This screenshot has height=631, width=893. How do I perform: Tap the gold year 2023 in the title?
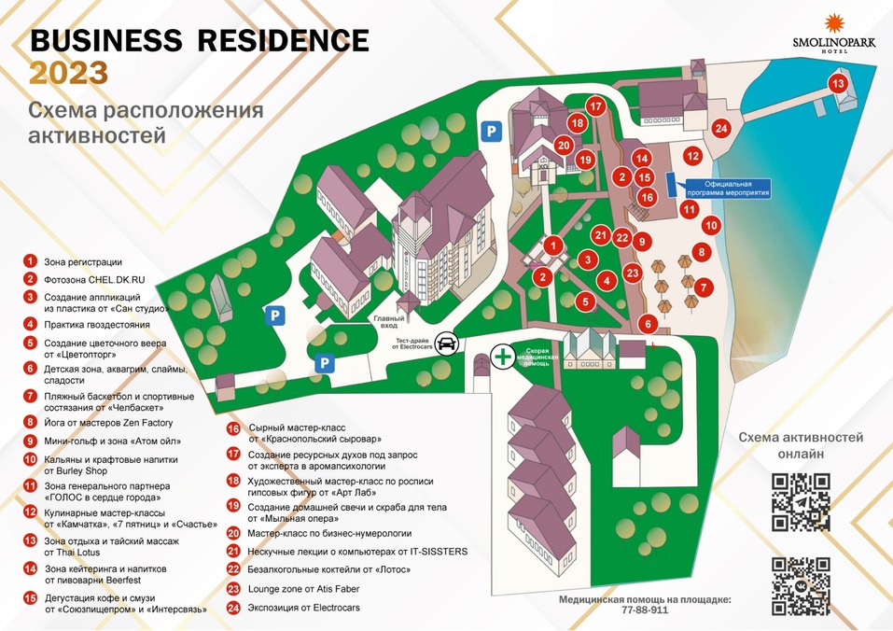tap(68, 73)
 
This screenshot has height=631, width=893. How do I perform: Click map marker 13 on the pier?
tap(838, 84)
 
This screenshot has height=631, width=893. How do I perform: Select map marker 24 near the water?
tap(720, 128)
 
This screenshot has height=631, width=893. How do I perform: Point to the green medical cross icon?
tap(503, 356)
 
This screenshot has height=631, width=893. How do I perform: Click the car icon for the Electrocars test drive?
tap(448, 344)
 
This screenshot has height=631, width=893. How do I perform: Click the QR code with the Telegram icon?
tap(801, 502)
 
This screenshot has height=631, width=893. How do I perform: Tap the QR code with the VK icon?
tap(801, 584)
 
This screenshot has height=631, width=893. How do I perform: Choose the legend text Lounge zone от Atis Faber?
tap(303, 589)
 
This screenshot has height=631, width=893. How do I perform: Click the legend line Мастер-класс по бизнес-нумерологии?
tap(329, 533)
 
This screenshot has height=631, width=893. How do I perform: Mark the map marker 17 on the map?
tap(596, 105)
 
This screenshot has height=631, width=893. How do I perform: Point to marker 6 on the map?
tap(649, 324)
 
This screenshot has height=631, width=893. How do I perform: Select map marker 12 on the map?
tap(691, 156)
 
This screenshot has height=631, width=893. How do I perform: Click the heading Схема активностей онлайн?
tap(801, 445)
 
